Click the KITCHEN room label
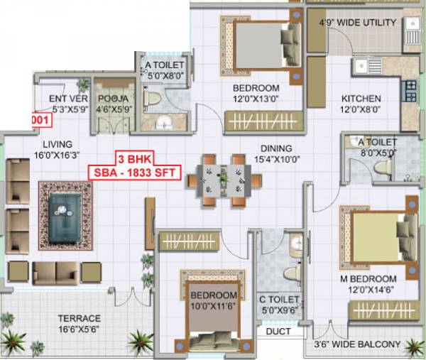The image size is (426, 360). (361, 99)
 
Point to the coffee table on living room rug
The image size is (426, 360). (66, 212)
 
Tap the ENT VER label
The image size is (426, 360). (68, 99)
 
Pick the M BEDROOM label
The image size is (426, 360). (373, 278)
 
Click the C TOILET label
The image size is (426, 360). (278, 299)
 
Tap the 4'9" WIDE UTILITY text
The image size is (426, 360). (358, 23)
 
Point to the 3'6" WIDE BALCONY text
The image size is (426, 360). (359, 346)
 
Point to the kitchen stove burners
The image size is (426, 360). (410, 90)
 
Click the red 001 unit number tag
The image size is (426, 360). (43, 120)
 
